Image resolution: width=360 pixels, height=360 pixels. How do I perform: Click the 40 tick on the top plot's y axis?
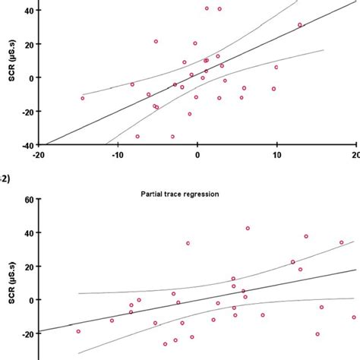click(x=26, y=11)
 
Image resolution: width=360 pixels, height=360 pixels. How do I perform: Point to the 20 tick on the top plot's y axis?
click(x=26, y=44)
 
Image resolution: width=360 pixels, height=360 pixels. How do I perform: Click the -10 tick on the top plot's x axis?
click(x=117, y=155)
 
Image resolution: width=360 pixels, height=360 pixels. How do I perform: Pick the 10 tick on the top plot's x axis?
click(x=276, y=155)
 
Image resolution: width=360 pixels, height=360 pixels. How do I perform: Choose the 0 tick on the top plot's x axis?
click(x=197, y=155)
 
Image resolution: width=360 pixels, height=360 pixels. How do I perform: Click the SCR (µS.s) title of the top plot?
click(x=7, y=77)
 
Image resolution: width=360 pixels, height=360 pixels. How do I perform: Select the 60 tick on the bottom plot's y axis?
click(x=26, y=200)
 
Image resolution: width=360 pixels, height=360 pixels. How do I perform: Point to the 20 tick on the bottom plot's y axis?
click(x=26, y=267)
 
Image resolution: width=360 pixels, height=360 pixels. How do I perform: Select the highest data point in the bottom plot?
click(x=248, y=228)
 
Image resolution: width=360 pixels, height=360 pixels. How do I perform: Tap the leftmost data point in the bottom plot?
click(x=77, y=331)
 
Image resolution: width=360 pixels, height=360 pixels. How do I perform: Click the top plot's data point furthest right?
click(x=300, y=25)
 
